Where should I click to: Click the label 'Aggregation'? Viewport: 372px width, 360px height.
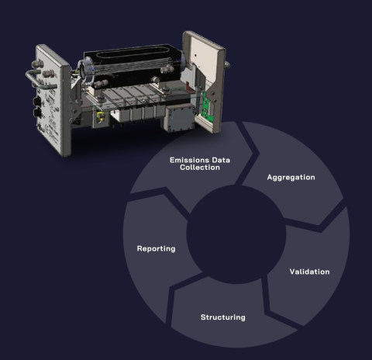click(x=291, y=177)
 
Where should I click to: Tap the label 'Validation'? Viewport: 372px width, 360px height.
click(x=309, y=272)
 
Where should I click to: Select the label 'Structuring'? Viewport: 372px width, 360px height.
click(x=222, y=317)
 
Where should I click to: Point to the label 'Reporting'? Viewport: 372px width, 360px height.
click(x=156, y=248)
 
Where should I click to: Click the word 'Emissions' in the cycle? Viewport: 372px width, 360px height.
click(x=188, y=159)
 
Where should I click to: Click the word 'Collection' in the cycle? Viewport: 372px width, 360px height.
click(x=200, y=167)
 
